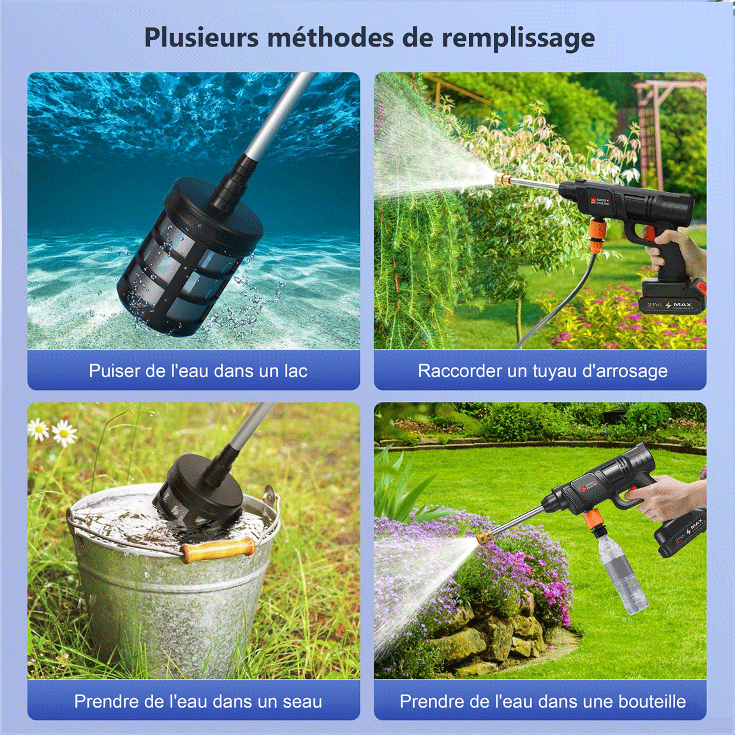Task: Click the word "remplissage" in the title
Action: (x=518, y=39)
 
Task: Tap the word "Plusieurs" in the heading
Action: (x=201, y=37)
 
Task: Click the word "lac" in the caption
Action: (x=296, y=371)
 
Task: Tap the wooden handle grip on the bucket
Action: (x=218, y=549)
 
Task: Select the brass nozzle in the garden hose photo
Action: (x=500, y=178)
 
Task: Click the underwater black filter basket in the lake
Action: (x=189, y=255)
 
